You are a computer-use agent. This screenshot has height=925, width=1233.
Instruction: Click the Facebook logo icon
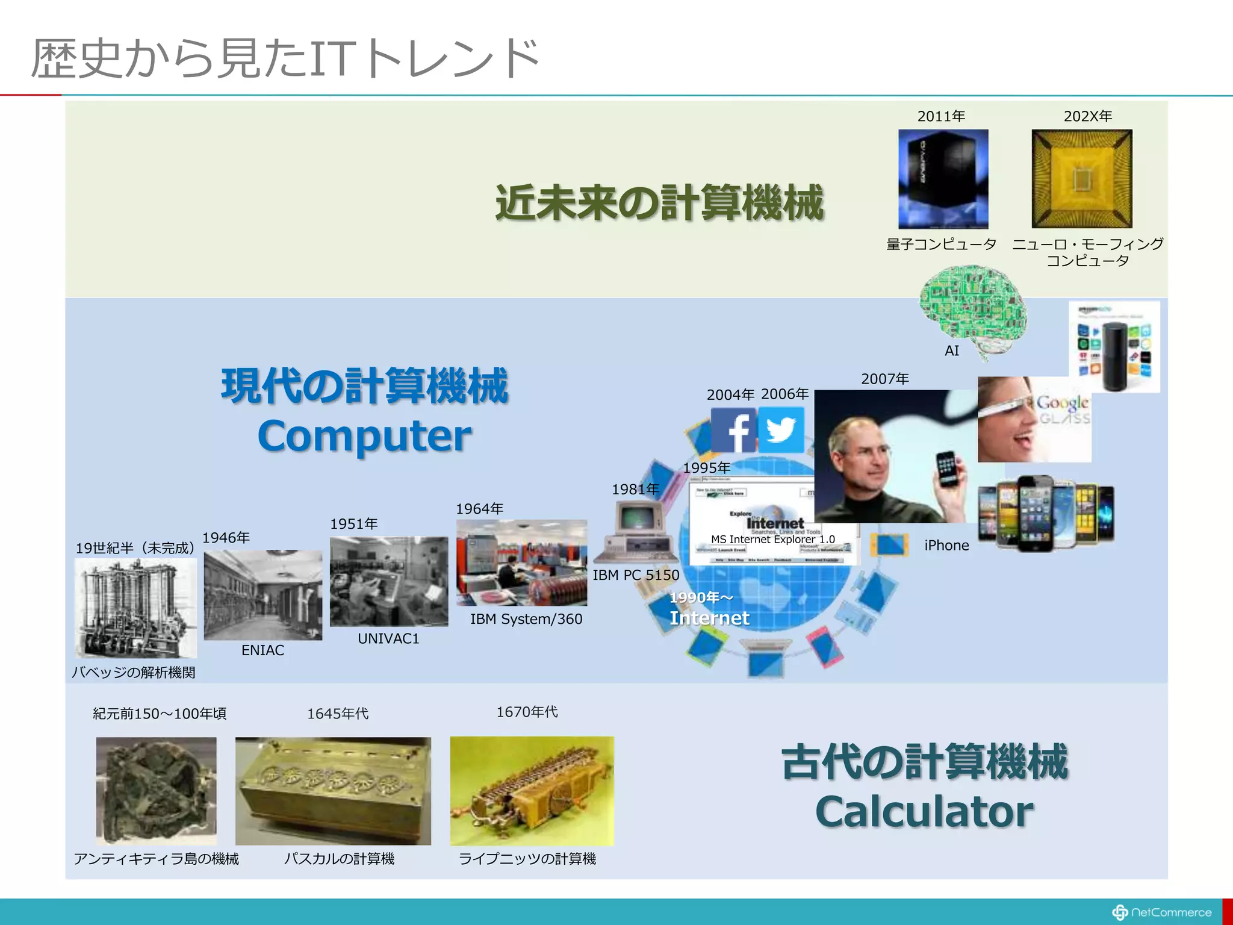point(733,430)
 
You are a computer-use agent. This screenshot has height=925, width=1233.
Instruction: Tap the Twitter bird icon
point(781,430)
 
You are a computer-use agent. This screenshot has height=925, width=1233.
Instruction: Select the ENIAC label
point(262,650)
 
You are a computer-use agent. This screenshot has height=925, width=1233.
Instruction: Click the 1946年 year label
point(226,538)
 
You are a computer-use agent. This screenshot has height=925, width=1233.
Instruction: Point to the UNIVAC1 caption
point(388,638)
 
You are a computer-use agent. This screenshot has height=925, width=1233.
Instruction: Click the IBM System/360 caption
point(526,619)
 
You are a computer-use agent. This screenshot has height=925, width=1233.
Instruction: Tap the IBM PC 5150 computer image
point(636,532)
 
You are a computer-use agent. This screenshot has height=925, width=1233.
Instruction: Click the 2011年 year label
point(941,116)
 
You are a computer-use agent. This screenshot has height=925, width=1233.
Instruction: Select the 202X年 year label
point(1087,116)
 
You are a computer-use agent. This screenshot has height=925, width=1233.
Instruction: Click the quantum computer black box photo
point(943,179)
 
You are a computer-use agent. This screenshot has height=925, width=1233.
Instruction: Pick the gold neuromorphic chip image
point(1082,179)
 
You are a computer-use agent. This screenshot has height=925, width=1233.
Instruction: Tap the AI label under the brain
point(952,350)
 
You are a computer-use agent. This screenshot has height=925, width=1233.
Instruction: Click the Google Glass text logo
point(1063,410)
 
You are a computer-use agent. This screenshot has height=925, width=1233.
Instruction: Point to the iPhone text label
point(946,546)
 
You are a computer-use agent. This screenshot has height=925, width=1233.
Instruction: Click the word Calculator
point(924,812)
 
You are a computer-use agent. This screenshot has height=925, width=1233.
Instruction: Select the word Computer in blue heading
point(364,436)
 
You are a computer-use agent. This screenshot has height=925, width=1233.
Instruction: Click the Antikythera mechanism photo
point(157,790)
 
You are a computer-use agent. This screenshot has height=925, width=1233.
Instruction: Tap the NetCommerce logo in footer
point(1162,912)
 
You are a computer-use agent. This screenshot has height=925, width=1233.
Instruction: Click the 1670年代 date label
point(527,712)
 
